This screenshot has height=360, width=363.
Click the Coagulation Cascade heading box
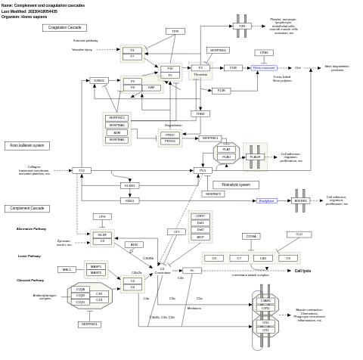[64, 27]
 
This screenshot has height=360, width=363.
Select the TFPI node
[175, 31]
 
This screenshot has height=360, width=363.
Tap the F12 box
[81, 170]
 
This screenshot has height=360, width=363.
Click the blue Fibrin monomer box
[264, 68]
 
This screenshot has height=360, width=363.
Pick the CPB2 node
[264, 53]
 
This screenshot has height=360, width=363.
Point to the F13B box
[221, 91]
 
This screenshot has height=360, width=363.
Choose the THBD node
[200, 113]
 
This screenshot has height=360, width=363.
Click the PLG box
[203, 170]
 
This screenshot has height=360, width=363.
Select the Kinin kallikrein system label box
[28, 145]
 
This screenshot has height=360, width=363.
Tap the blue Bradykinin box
[266, 200]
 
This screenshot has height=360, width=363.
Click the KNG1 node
[129, 200]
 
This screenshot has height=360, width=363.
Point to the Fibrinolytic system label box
[235, 185]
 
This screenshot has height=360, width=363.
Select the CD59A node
[251, 236]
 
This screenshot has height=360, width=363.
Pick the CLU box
[299, 234]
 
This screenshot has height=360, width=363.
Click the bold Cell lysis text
[302, 270]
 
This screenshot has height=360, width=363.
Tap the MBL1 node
[67, 269]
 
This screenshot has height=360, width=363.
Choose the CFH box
[102, 217]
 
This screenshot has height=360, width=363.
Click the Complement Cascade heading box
[27, 208]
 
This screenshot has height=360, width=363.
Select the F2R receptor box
[241, 26]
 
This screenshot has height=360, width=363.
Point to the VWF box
[151, 88]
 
